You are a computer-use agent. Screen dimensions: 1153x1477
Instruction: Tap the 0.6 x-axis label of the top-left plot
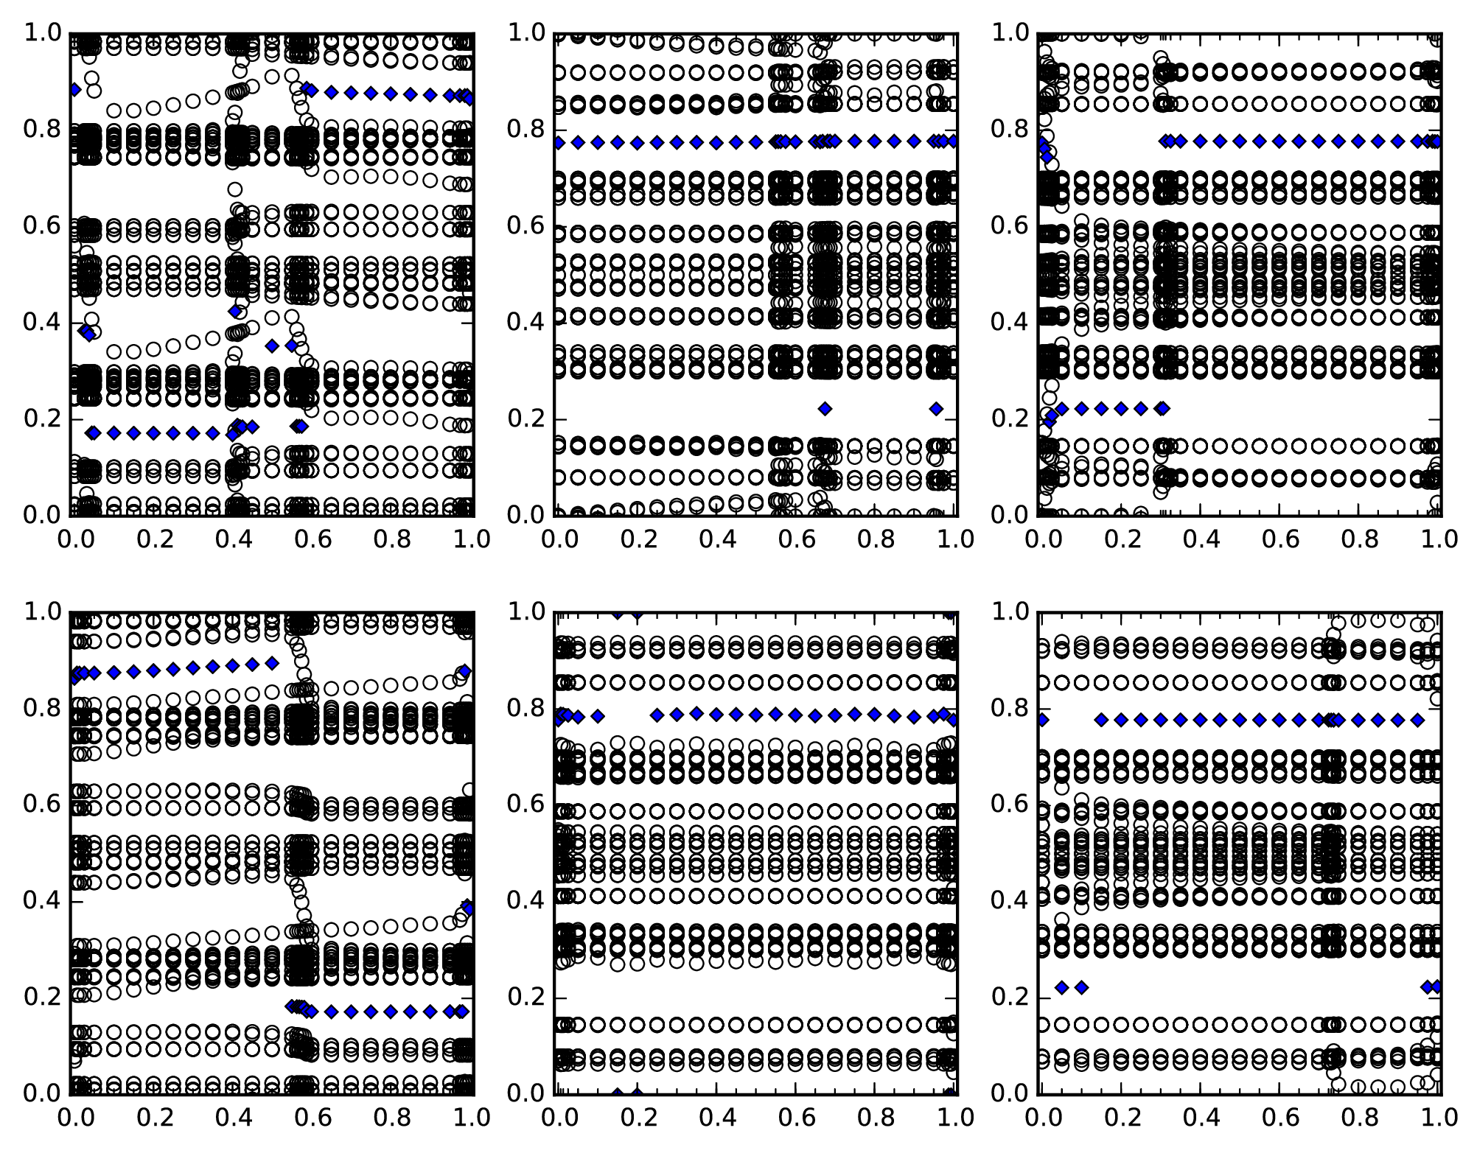(x=313, y=539)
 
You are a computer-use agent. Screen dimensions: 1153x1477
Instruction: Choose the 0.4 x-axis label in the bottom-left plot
(x=233, y=1118)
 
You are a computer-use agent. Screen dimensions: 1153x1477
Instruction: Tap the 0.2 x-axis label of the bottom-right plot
(x=1121, y=1118)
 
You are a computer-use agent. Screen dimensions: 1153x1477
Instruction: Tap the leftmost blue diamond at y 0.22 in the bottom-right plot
(x=1061, y=987)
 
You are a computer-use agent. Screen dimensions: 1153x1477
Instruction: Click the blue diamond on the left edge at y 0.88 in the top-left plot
(x=74, y=89)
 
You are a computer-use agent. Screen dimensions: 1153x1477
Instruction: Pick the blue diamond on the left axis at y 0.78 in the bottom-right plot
(x=1041, y=720)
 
